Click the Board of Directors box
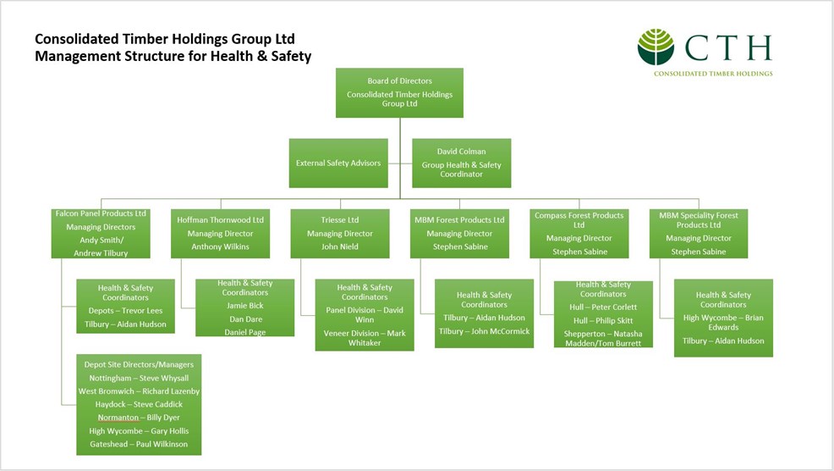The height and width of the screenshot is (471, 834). tap(399, 91)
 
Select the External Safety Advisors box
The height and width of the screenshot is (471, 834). tap(338, 163)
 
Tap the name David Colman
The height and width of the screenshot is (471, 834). tap(461, 152)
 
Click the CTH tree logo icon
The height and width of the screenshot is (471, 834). tap(656, 47)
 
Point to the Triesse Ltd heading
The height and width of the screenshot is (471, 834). tap(339, 220)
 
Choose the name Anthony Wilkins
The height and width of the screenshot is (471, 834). tap(220, 247)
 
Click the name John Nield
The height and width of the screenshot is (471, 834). tap(339, 247)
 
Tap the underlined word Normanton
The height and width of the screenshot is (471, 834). tap(118, 418)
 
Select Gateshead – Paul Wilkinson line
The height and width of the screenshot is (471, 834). tap(139, 444)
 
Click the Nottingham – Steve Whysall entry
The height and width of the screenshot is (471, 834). tap(139, 378)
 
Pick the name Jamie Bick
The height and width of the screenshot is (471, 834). tap(244, 305)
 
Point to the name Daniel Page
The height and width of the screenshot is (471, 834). tap(244, 331)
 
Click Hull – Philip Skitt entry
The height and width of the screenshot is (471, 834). tap(603, 320)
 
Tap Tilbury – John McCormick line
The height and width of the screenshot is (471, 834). tap(484, 331)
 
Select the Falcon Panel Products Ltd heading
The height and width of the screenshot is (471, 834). tap(101, 213)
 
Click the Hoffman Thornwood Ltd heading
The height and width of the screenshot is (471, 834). tap(220, 220)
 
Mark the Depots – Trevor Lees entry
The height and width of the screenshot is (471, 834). tap(125, 311)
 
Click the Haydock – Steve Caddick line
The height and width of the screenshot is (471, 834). tap(139, 404)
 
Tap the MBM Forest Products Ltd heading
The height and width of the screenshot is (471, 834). tap(459, 220)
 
